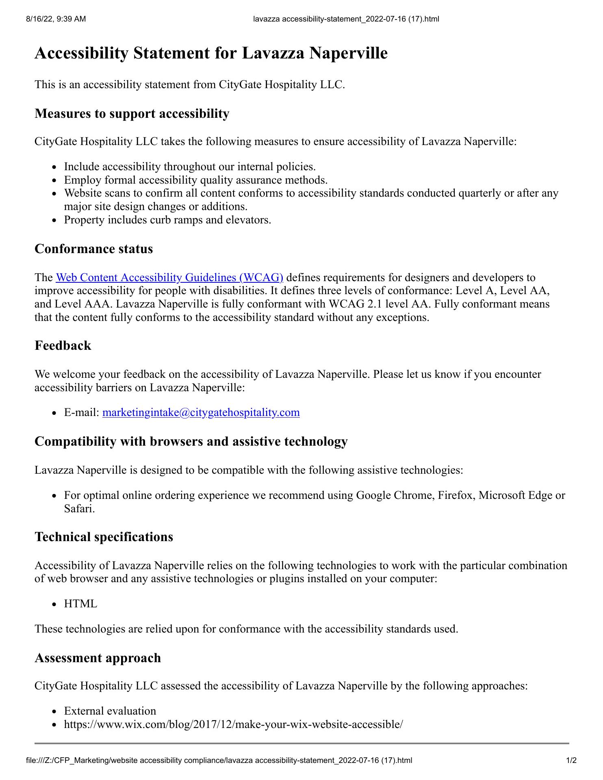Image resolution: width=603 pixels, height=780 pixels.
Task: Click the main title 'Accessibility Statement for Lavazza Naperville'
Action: tap(211, 53)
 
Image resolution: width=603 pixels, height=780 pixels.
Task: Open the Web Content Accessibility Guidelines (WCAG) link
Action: tap(169, 277)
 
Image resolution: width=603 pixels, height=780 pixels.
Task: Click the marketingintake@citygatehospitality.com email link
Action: tap(201, 412)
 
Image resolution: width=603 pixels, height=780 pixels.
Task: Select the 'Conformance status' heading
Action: tap(93, 249)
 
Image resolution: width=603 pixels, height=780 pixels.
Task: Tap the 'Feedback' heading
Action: tap(63, 345)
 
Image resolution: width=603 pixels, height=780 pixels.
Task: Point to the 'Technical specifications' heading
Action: tap(104, 537)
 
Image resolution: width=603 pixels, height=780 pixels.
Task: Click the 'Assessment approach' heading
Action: tap(98, 657)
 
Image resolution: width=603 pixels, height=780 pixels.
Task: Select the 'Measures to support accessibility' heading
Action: tap(132, 113)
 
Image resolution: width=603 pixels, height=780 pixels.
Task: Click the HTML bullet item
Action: tap(80, 604)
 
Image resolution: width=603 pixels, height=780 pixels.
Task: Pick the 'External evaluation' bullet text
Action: tap(110, 711)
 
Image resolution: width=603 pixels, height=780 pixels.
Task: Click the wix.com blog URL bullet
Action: tap(233, 724)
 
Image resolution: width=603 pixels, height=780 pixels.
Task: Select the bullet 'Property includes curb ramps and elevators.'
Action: tap(167, 220)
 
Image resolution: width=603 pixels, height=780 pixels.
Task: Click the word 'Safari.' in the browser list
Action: tap(79, 508)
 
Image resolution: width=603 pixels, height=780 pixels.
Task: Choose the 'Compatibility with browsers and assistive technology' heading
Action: tap(191, 441)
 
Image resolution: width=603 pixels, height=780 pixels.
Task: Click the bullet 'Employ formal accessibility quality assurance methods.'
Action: tap(195, 180)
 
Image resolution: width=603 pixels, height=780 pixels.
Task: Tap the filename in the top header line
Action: tap(346, 19)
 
